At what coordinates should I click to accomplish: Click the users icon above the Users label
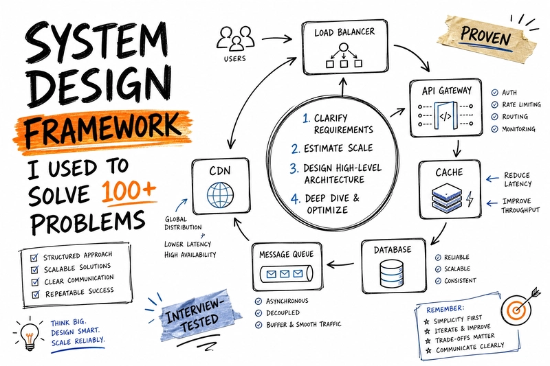(236, 38)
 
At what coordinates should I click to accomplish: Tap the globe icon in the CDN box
(220, 195)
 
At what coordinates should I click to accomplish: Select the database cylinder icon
(391, 273)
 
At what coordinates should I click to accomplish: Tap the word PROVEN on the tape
(486, 36)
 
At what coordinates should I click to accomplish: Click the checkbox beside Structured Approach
(34, 258)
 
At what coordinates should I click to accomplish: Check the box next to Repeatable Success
(36, 294)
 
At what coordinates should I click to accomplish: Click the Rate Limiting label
(521, 105)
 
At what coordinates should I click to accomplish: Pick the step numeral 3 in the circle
(294, 168)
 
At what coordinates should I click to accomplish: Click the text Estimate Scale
(338, 148)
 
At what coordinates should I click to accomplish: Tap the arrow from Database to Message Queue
(340, 264)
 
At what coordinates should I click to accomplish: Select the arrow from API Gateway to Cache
(456, 148)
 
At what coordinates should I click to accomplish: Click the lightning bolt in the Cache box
(470, 199)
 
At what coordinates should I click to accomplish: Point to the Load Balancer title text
(344, 32)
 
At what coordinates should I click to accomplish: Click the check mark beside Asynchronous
(258, 301)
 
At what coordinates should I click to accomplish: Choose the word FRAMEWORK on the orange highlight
(102, 128)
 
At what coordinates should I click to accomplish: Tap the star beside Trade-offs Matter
(428, 341)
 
